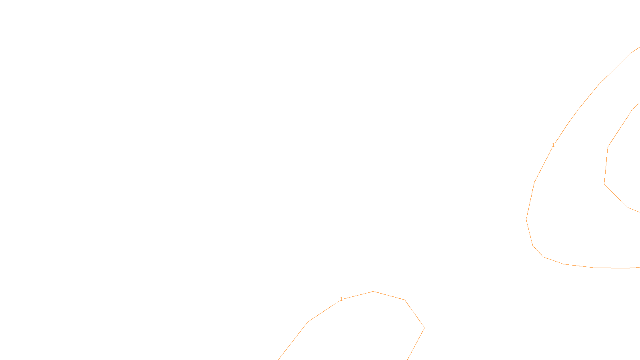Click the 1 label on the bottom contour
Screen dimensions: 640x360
(x=341, y=299)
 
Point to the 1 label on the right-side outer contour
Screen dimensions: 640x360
(x=553, y=145)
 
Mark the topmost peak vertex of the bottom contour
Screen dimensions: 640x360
(x=373, y=291)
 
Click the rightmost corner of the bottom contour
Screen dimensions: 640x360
(x=424, y=328)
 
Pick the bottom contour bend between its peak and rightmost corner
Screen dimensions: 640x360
(x=405, y=300)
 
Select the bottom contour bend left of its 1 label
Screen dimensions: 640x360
(x=308, y=322)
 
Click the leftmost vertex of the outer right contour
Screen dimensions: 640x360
(x=526, y=219)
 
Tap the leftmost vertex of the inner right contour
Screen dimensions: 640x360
(x=604, y=184)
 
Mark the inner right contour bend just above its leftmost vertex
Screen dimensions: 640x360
(x=608, y=147)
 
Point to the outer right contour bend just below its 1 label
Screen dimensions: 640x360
(x=534, y=182)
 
